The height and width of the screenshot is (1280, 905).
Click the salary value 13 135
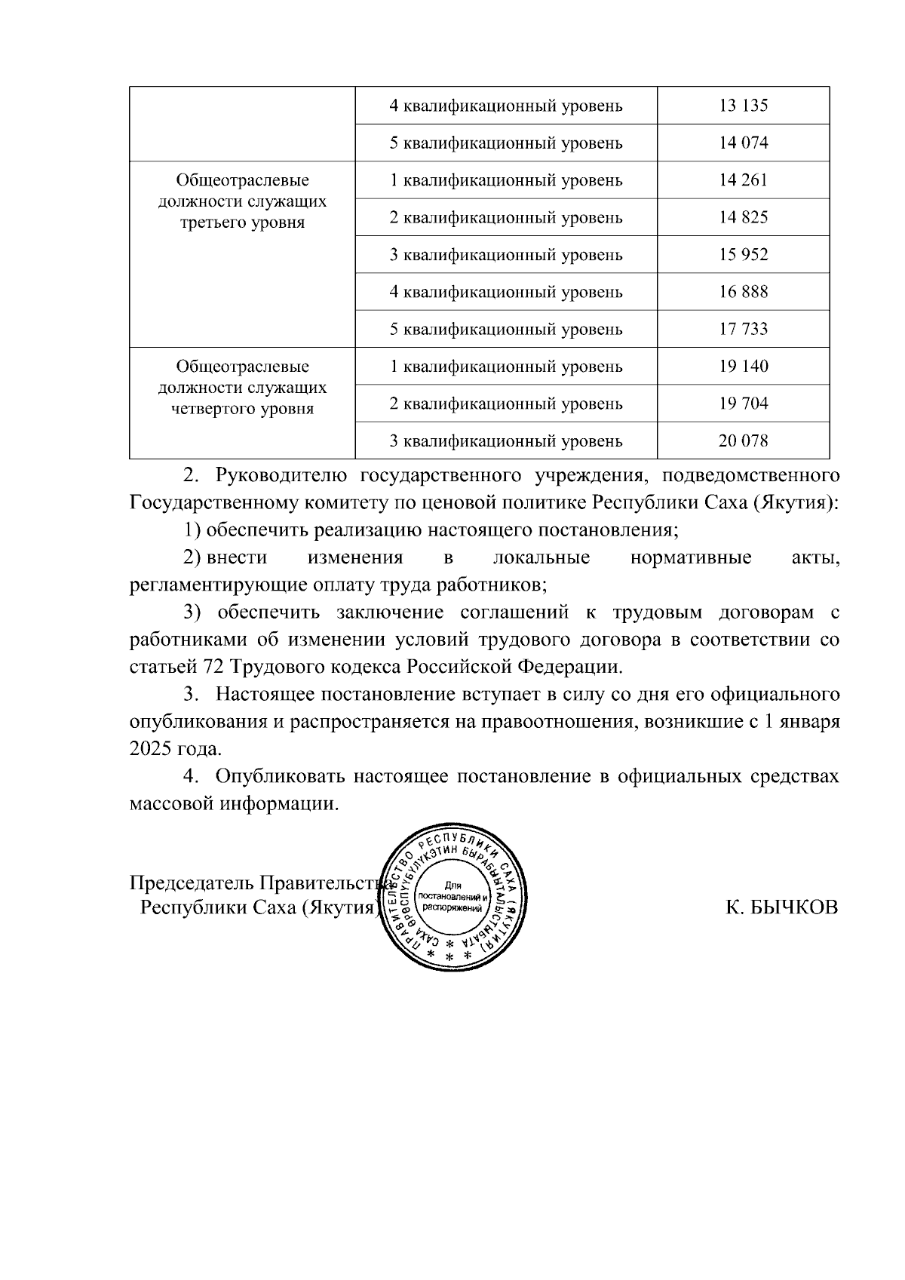click(743, 106)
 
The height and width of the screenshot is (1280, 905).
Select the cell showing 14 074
click(743, 143)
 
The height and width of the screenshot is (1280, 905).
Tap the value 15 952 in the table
click(743, 255)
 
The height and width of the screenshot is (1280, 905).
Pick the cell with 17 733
click(743, 329)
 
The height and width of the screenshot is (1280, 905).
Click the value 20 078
click(743, 440)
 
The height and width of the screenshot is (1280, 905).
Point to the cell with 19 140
click(743, 367)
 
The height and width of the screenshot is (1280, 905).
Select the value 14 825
click(743, 217)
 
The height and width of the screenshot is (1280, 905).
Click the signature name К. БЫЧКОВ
click(781, 907)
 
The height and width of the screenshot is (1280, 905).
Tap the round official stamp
click(453, 898)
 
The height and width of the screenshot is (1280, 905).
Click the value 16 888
click(743, 292)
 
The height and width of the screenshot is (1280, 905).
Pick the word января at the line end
click(810, 722)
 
